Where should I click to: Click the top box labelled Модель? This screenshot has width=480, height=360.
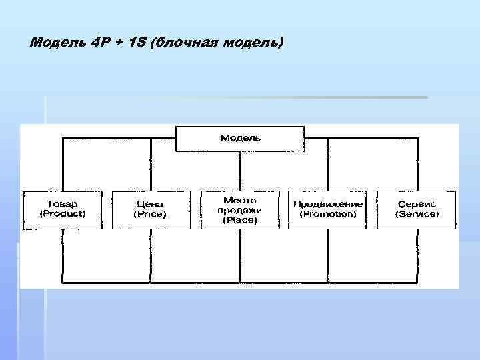tap(240, 138)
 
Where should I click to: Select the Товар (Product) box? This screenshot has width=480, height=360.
tap(63, 209)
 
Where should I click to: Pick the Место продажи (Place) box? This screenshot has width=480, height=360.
tap(240, 209)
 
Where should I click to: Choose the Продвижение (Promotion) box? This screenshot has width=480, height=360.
tap(327, 209)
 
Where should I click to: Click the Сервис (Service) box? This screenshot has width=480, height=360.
tap(417, 209)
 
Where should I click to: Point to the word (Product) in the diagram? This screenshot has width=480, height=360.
tap(63, 214)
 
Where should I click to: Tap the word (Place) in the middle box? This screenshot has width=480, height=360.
tap(240, 219)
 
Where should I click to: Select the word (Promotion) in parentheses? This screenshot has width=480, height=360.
tap(327, 214)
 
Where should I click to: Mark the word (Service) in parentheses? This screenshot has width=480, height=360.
tap(417, 214)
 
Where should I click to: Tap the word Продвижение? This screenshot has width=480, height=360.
tap(327, 204)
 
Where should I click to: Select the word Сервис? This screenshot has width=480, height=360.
tap(417, 204)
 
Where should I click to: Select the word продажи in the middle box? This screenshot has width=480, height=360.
tap(240, 209)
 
